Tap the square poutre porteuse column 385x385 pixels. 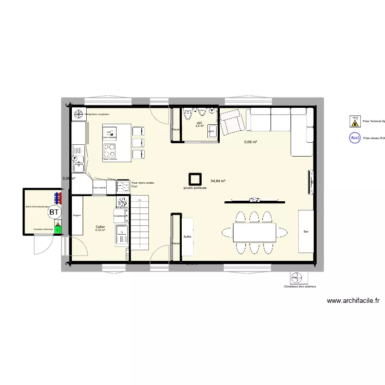[x=195, y=179]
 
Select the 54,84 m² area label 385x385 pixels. [x=218, y=181]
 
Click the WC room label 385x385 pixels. [x=200, y=123]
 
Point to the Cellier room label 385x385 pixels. [x=100, y=226]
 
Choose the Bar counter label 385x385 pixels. [x=306, y=231]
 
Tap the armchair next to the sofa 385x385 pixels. [x=232, y=122]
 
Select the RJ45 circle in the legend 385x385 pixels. [x=355, y=138]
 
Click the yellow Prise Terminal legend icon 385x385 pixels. [x=354, y=121]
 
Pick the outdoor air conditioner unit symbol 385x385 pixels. [x=297, y=278]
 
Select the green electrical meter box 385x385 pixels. [x=57, y=229]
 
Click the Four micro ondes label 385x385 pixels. [x=142, y=183]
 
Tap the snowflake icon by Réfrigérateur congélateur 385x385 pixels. [x=79, y=114]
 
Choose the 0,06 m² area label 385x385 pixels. [x=251, y=142]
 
